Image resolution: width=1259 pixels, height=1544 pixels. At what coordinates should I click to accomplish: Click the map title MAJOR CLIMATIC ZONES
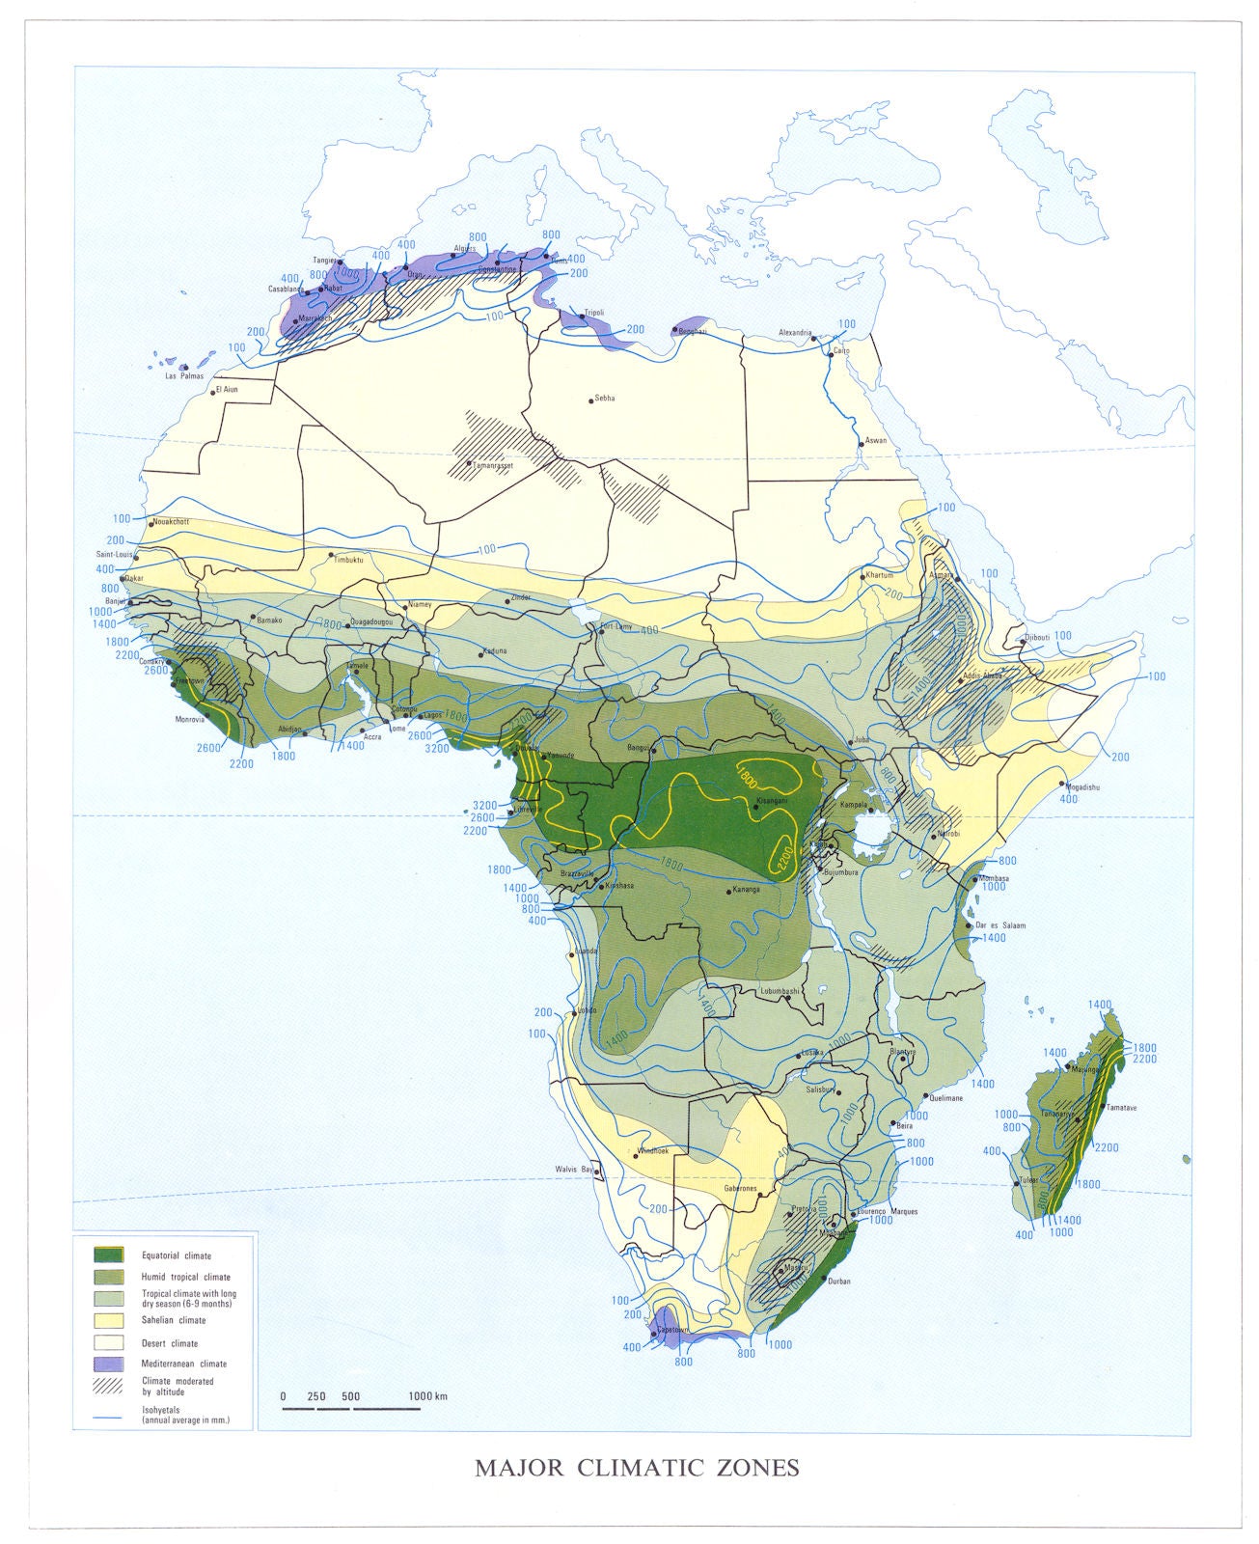tap(637, 1468)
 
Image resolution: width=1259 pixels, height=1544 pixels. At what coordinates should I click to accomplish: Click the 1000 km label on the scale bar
tap(427, 1396)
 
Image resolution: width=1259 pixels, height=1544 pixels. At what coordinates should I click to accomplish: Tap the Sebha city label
tap(605, 398)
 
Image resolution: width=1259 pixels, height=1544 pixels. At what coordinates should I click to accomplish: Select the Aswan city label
tap(875, 441)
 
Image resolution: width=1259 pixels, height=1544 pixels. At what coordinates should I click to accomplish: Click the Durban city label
tap(838, 1282)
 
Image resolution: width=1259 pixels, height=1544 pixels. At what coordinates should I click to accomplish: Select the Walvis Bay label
tap(572, 1169)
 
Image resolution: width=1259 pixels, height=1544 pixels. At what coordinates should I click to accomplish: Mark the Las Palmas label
tap(184, 375)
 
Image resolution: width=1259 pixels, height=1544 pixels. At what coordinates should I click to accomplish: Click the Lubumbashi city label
tap(779, 991)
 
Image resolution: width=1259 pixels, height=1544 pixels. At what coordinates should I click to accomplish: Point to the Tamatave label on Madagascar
tap(1122, 1108)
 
